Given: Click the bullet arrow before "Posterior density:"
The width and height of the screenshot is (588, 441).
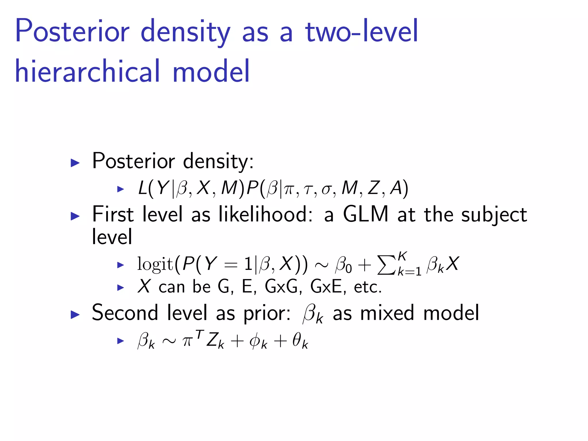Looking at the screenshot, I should (x=75, y=163).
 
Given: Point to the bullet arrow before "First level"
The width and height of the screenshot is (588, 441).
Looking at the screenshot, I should (x=75, y=216).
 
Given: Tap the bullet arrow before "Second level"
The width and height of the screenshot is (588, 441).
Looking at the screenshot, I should (x=75, y=315).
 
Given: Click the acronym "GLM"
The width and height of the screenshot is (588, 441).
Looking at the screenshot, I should (x=365, y=214).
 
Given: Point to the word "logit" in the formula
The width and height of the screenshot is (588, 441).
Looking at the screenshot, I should (x=155, y=264).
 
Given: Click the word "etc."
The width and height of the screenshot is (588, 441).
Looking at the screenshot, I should (x=367, y=287).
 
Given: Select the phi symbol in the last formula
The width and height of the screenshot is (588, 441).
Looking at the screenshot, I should (x=255, y=342).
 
